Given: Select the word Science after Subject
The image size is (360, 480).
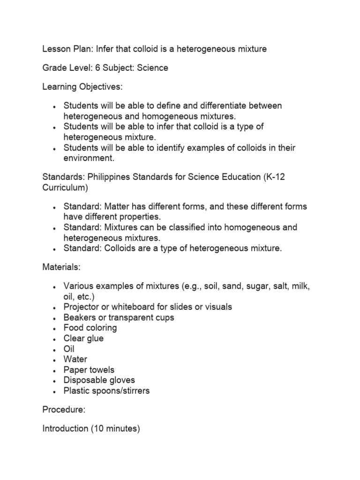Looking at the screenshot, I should click(152, 68).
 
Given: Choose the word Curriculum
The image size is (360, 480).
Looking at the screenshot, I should click(65, 187).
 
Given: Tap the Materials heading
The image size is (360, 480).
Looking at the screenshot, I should click(61, 267).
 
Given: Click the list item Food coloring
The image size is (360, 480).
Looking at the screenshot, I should click(90, 328).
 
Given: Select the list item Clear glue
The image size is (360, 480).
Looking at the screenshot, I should click(83, 338).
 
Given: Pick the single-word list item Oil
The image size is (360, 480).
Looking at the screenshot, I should click(69, 349).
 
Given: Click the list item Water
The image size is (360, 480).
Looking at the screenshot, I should click(75, 360).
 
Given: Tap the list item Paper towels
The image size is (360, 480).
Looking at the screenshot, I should click(89, 370).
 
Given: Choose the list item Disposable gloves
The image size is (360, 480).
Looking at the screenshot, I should click(99, 380).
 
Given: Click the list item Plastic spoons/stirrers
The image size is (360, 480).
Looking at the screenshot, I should click(106, 390).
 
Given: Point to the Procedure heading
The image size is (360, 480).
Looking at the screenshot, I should click(64, 410).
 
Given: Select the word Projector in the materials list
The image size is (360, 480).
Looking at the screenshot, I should click(82, 307).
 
